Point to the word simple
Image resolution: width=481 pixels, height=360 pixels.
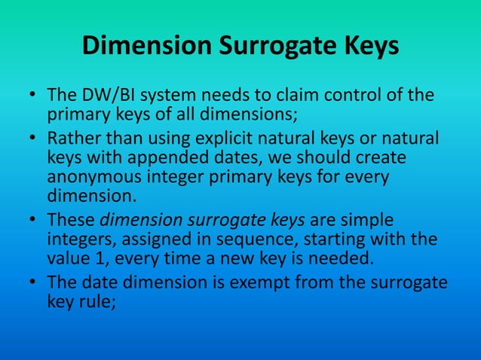[x=369, y=221]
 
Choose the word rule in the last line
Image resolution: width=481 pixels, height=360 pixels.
[x=93, y=301]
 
